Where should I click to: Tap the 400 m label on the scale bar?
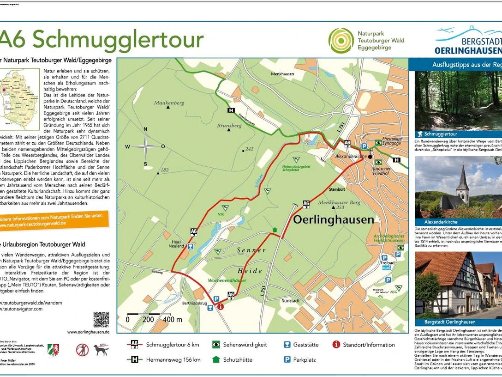point(173,320)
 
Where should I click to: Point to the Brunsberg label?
point(229,125)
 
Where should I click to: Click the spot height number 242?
point(249,149)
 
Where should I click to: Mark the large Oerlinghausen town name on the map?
point(334,219)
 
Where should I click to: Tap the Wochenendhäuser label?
point(227,280)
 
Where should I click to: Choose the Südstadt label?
point(291,300)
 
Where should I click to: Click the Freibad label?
point(388,263)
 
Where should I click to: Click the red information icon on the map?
point(221,306)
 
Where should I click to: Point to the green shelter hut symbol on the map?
point(275,229)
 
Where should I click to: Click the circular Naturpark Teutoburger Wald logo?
point(341,41)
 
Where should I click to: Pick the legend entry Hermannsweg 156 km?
point(173,359)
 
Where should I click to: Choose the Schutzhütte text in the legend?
point(238,359)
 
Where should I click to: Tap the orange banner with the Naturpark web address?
point(55,219)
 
